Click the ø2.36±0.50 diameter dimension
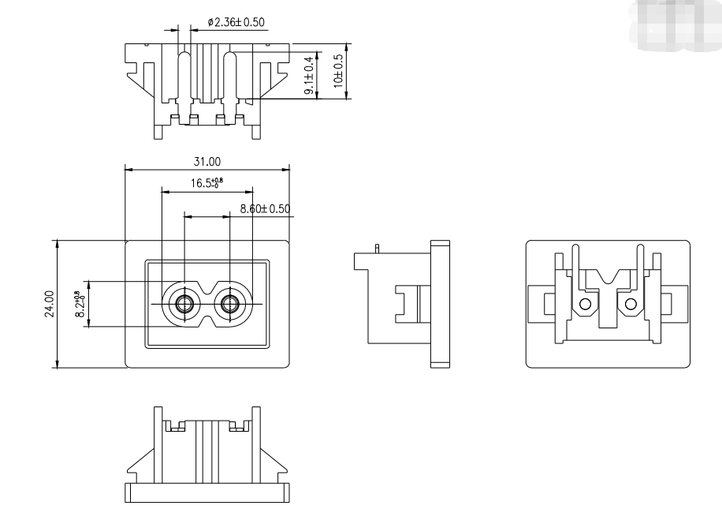[x=236, y=21]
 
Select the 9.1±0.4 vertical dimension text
[x=309, y=77]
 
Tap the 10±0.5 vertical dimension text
[x=338, y=71]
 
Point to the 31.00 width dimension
[x=207, y=161]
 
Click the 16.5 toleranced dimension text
[x=207, y=183]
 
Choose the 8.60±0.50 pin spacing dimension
[x=265, y=209]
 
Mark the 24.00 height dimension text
[x=49, y=304]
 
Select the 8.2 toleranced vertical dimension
[x=79, y=304]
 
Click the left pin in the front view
[x=184, y=304]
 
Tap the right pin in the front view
[x=230, y=304]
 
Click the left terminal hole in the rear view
[x=585, y=305]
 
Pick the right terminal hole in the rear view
[x=631, y=305]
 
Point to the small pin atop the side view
[x=379, y=249]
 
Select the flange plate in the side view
[x=440, y=304]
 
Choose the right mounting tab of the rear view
[x=676, y=304]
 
